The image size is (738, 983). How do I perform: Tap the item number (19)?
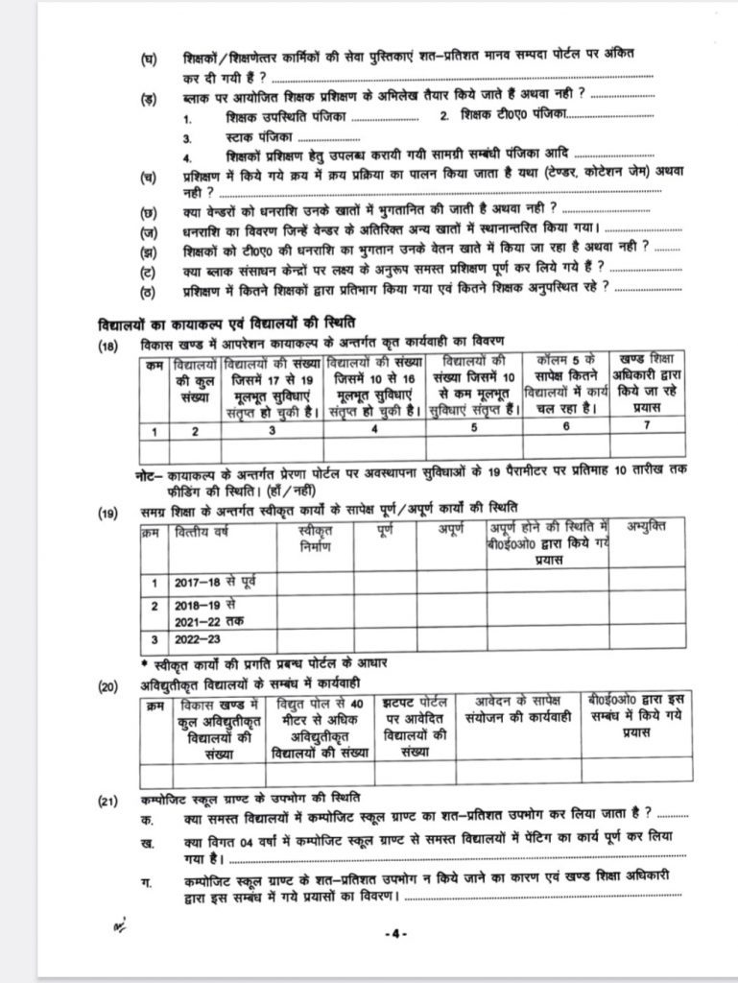(x=107, y=513)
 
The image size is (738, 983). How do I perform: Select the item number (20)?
(x=107, y=683)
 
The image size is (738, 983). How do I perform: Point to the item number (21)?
(x=107, y=799)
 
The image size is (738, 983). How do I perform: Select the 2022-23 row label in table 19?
(x=199, y=638)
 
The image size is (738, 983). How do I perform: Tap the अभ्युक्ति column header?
(x=647, y=527)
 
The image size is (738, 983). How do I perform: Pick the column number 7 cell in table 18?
(x=645, y=430)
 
